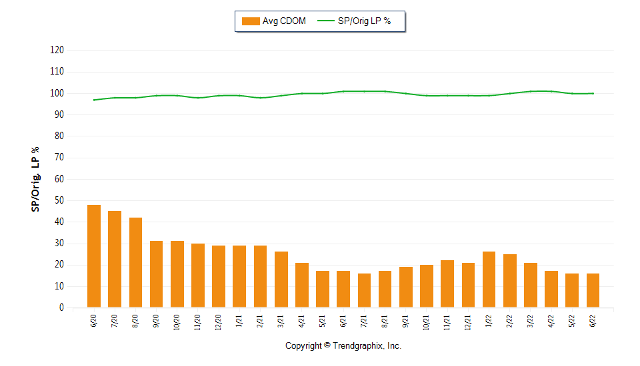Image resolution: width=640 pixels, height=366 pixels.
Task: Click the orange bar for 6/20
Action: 94,256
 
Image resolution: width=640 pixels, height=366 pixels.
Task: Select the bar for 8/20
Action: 135,262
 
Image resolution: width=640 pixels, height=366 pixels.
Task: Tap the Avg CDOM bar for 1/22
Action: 489,279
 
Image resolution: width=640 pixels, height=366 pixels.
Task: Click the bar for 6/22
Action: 593,290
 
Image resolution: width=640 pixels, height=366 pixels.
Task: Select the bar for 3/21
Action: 281,279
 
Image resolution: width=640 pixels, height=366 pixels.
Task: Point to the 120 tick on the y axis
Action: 57,50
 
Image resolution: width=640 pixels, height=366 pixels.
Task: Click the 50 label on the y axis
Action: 59,200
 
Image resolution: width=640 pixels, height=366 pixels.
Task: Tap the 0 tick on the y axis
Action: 61,308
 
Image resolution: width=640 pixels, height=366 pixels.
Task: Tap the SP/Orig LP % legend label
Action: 365,21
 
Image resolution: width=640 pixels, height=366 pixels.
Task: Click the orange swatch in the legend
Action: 250,21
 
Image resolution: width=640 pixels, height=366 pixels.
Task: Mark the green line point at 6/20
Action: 94,100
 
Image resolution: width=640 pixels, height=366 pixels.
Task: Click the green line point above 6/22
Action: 593,93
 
